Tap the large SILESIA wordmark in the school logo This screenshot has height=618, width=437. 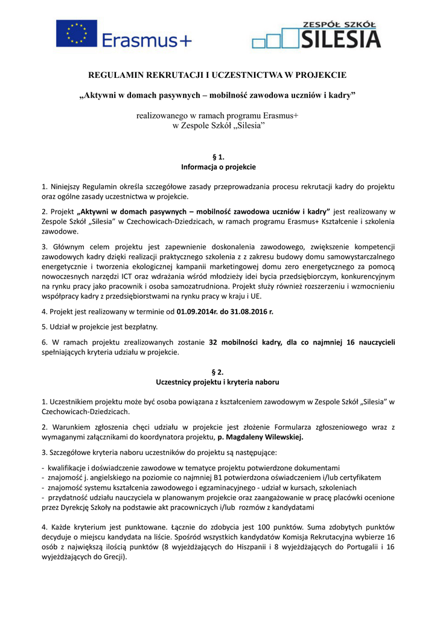click(340, 39)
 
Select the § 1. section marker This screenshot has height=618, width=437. click(218, 157)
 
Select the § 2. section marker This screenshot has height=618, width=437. click(218, 372)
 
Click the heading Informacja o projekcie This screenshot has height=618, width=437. click(218, 167)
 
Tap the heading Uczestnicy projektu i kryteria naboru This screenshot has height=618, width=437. click(218, 382)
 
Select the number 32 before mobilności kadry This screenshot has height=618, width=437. click(213, 342)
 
